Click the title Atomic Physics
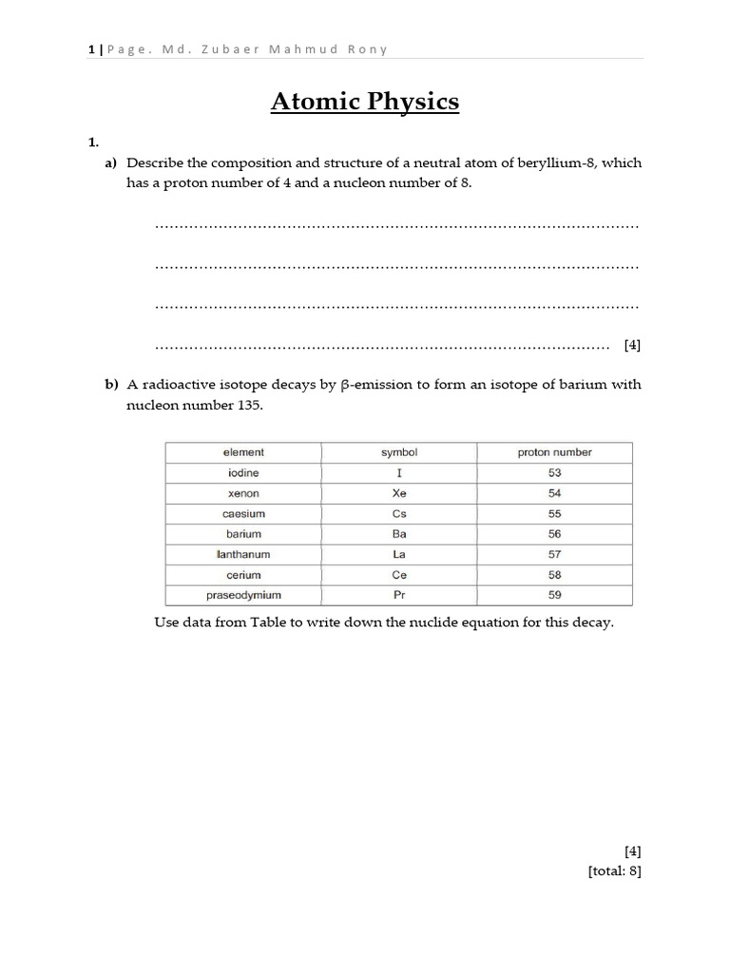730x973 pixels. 365,102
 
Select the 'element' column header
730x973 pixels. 243,452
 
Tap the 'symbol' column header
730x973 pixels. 399,452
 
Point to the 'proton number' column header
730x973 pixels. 554,452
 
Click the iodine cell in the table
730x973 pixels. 243,473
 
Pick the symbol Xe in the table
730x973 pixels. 399,494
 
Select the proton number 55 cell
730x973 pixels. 554,514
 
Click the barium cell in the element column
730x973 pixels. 243,535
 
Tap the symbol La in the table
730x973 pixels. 399,555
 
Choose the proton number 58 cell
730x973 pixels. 554,576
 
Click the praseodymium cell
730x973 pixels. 243,596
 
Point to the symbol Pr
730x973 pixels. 399,596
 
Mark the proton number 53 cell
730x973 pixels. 554,473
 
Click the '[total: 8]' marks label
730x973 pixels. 614,869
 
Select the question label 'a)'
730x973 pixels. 111,163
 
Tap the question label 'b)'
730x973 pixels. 111,385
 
